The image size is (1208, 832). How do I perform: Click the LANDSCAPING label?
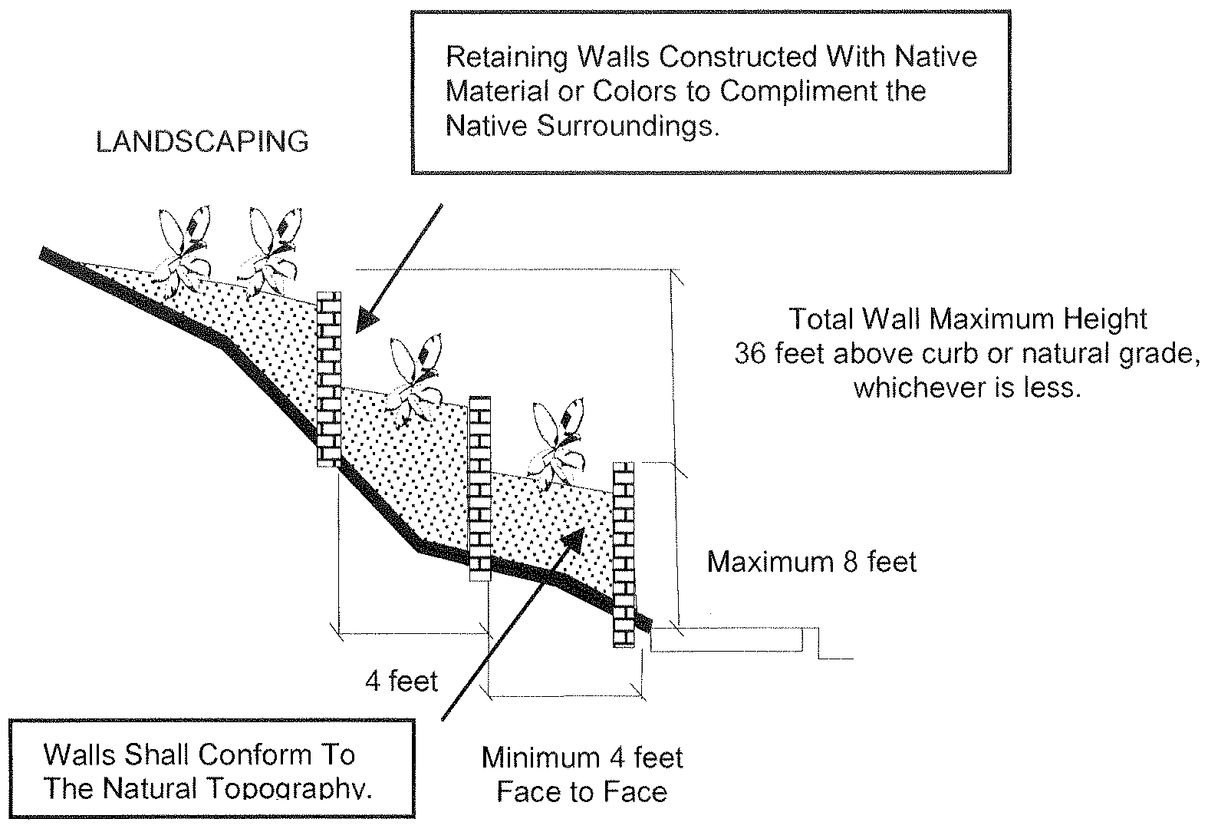coord(202,142)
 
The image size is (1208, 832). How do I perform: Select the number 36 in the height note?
coord(750,354)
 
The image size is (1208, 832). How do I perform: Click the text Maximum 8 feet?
coord(811,562)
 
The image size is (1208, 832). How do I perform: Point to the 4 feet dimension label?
coord(401,681)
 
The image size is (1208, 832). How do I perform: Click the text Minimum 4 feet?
coord(582,758)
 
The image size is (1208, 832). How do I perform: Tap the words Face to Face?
coord(582,791)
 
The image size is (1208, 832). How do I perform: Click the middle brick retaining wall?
coord(479,484)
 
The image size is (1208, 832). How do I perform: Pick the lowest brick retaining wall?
coord(624,554)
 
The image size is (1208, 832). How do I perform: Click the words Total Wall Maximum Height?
coord(968,319)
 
